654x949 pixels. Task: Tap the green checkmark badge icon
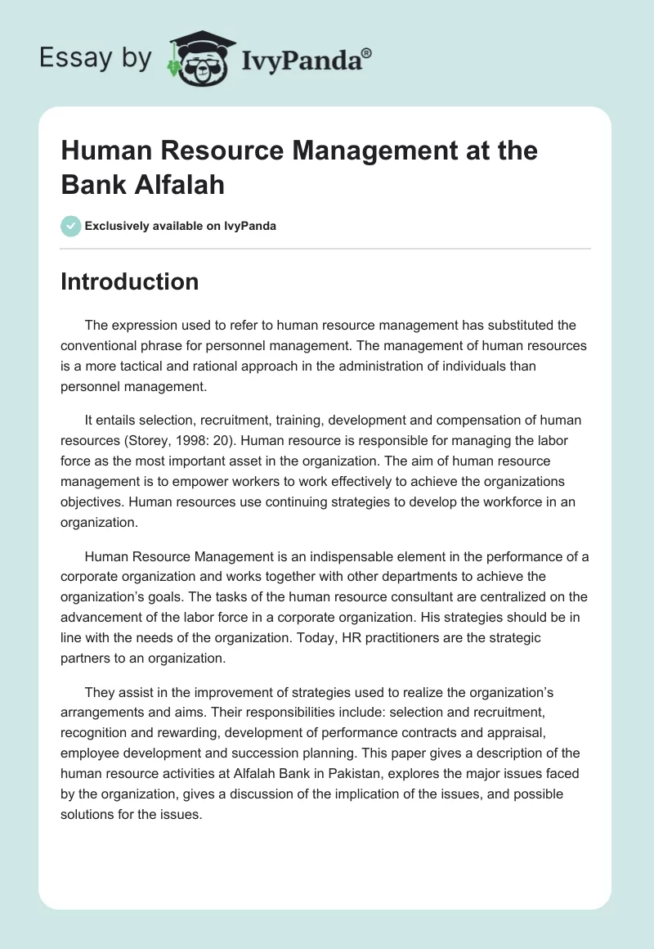coord(71,226)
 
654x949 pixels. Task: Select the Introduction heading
coord(130,281)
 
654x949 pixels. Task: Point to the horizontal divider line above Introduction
coord(325,248)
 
